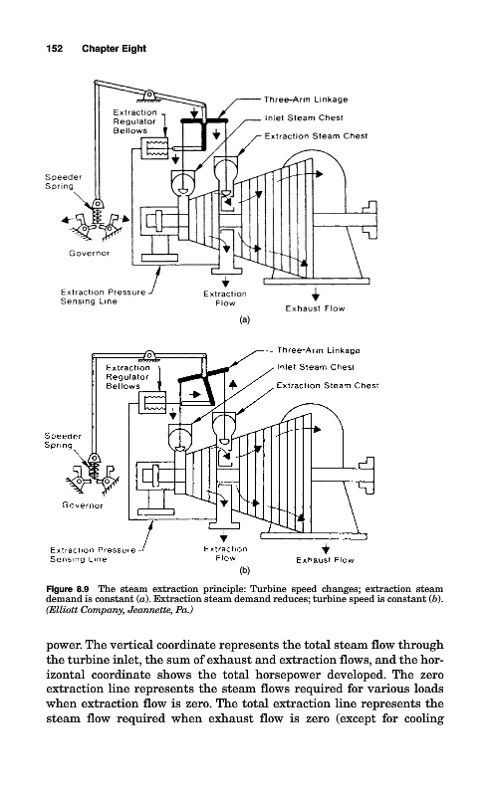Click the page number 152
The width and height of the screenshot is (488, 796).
(55, 49)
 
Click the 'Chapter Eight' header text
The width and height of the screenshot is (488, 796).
(114, 49)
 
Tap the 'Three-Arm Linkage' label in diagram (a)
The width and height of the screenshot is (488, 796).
(306, 99)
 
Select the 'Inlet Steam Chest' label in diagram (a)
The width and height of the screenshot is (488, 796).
(304, 117)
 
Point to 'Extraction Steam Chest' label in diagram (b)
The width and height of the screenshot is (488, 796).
(328, 385)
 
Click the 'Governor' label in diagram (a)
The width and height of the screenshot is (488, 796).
(89, 253)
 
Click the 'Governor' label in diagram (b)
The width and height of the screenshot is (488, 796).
(83, 505)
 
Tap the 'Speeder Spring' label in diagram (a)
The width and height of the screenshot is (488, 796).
(63, 182)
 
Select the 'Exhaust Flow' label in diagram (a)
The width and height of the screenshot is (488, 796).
(315, 308)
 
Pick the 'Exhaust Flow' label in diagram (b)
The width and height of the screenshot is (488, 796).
(325, 560)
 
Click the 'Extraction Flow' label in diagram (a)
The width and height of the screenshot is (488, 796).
(225, 298)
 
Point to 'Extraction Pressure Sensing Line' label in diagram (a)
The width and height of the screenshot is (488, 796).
(103, 297)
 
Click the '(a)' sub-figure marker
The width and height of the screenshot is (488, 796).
(245, 319)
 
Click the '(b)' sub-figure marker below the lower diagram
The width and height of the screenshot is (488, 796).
(245, 570)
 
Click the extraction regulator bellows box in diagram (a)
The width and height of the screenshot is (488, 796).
(156, 147)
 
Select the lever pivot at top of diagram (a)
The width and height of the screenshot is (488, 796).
(149, 95)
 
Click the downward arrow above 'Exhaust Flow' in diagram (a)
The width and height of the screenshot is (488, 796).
(316, 294)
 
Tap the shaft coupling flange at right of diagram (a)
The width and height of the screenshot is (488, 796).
(370, 219)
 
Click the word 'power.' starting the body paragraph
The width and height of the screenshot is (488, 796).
(64, 645)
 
